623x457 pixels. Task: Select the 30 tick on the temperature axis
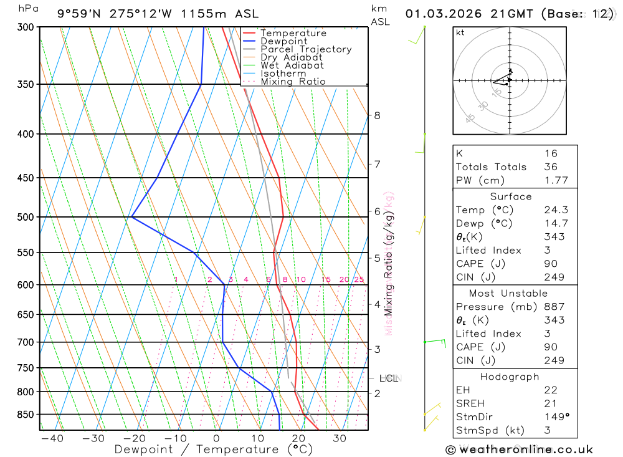[340, 438]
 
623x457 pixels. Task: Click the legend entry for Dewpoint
[284, 41]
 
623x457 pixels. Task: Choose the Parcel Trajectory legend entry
[306, 49]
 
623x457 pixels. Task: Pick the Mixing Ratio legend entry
[293, 82]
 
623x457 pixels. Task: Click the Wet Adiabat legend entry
[292, 65]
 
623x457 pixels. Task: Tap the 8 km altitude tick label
[377, 115]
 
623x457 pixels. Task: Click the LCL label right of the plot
[389, 378]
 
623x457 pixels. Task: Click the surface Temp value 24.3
[556, 210]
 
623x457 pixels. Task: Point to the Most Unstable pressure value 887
[554, 307]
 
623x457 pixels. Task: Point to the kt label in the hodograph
[460, 33]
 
